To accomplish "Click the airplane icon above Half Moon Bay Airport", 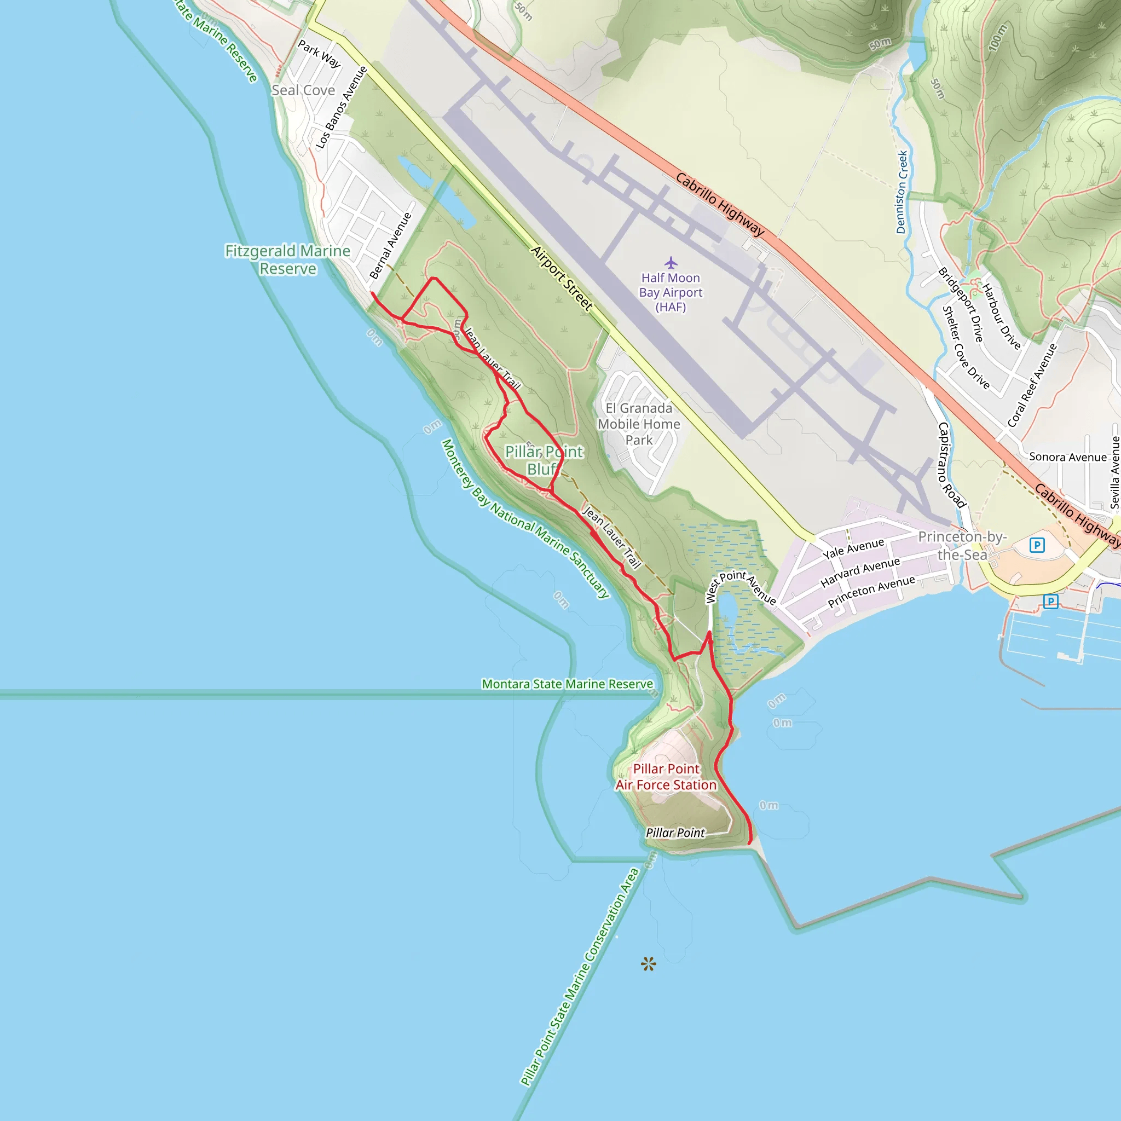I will (671, 263).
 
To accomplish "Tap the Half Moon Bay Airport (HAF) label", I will (671, 292).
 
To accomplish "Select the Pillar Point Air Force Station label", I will (666, 777).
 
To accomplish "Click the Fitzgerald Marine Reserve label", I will (288, 259).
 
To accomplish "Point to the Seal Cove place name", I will (303, 90).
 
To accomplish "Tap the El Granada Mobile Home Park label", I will (639, 424).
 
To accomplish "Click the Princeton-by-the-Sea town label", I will (962, 545).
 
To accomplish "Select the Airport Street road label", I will (562, 278).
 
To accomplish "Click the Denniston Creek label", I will (902, 193).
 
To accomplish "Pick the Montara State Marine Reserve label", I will (568, 684).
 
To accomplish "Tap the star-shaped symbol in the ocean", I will (649, 964).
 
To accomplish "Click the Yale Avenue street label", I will (853, 549).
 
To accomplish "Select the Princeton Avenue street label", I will (871, 592).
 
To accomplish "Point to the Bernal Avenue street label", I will (390, 245).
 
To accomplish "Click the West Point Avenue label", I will (741, 587).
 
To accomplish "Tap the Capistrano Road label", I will (951, 465).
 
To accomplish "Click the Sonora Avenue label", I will (1067, 457).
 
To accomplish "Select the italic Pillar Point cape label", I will (675, 833).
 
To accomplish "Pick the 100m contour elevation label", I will (998, 38).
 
